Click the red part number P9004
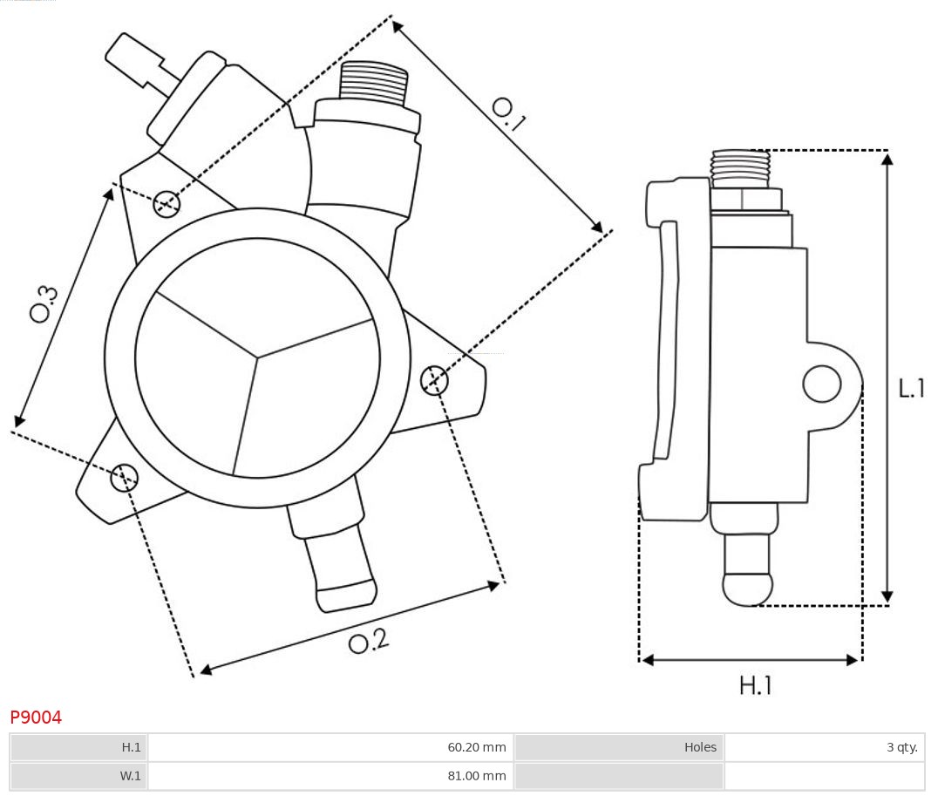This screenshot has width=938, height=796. coord(36,718)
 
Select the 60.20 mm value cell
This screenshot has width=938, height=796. coord(476,747)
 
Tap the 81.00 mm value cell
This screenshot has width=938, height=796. coord(476,776)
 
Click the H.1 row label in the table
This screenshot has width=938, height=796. coord(131,747)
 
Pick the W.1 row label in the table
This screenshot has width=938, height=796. coord(131,776)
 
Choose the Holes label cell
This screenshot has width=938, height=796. coord(700,747)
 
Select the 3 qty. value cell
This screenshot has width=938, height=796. coord(901,747)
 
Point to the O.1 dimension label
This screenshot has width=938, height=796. coord(508,114)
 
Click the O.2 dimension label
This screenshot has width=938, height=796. coord(368,643)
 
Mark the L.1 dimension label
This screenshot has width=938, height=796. coord(912,388)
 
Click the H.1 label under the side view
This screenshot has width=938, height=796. coord(755,686)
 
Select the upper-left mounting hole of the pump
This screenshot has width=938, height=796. coord(166,204)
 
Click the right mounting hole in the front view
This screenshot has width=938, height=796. coord(434,380)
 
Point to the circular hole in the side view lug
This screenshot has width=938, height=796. coord(821,384)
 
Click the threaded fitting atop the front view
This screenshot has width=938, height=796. coord(374,83)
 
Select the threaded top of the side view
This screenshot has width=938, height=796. coord(740,168)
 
